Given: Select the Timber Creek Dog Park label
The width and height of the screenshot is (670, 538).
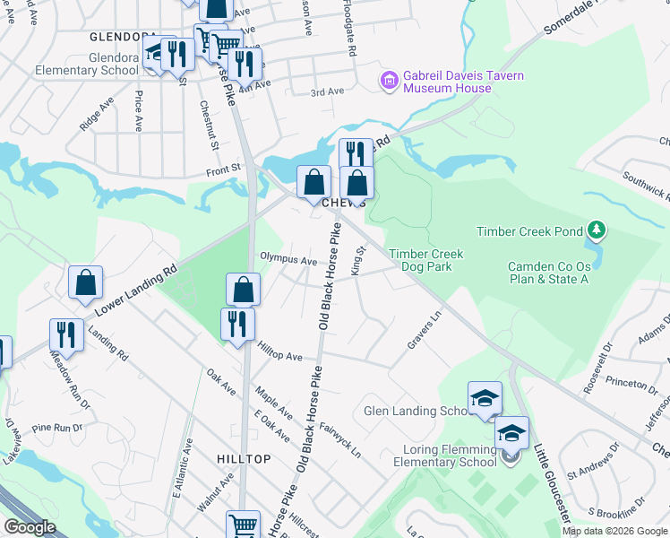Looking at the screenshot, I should click(425, 260).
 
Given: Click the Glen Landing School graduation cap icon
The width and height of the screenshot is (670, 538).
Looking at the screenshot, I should click(485, 399).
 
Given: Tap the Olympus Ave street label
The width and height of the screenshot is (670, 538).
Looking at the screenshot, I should click(288, 260).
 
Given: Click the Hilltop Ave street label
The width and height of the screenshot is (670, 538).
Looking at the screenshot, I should click(280, 355).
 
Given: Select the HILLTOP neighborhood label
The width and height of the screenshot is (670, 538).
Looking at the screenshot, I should click(244, 458).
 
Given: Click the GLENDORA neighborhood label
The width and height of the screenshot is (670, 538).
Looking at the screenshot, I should click(124, 37).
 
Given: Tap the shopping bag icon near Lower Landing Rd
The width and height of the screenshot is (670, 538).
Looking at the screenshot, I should click(85, 283).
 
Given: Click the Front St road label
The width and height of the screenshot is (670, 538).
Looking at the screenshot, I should click(224, 167).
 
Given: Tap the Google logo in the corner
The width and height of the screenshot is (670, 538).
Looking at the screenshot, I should click(30, 527).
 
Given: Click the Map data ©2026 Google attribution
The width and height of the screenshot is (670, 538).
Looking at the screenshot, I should click(614, 531).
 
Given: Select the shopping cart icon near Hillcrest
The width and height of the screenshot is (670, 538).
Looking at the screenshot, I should click(243, 525).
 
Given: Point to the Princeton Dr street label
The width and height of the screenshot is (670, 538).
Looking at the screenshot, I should click(631, 385).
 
